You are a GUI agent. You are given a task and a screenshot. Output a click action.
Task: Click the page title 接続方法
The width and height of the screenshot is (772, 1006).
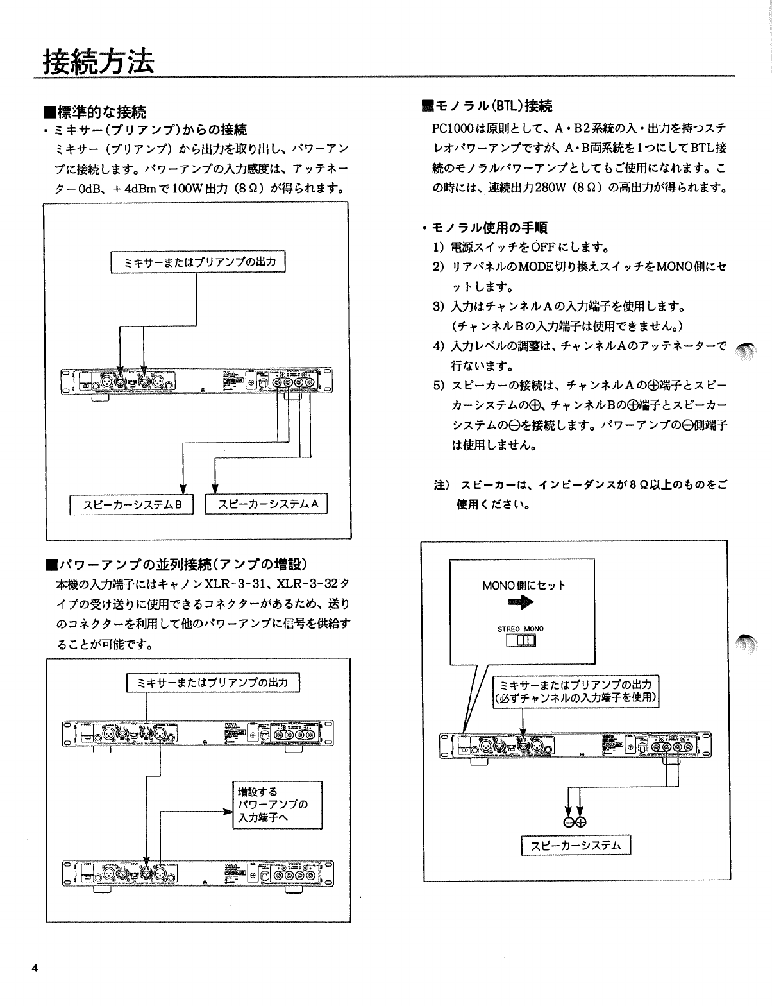(98, 62)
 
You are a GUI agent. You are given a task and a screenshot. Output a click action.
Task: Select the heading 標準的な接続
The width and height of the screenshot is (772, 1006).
(99, 113)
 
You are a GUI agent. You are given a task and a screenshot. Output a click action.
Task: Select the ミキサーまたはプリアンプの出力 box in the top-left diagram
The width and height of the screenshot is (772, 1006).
(199, 262)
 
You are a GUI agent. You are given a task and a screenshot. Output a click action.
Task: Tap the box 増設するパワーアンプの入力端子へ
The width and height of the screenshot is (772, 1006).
(275, 805)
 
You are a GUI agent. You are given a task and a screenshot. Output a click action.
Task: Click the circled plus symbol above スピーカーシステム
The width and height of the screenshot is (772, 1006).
(582, 823)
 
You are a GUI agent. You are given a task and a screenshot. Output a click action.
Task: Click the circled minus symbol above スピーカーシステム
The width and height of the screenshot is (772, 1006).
(569, 823)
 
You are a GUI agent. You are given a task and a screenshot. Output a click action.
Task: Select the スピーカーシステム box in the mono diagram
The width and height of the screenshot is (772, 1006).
(576, 846)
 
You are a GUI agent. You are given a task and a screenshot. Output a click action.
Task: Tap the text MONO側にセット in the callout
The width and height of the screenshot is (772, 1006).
(523, 585)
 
